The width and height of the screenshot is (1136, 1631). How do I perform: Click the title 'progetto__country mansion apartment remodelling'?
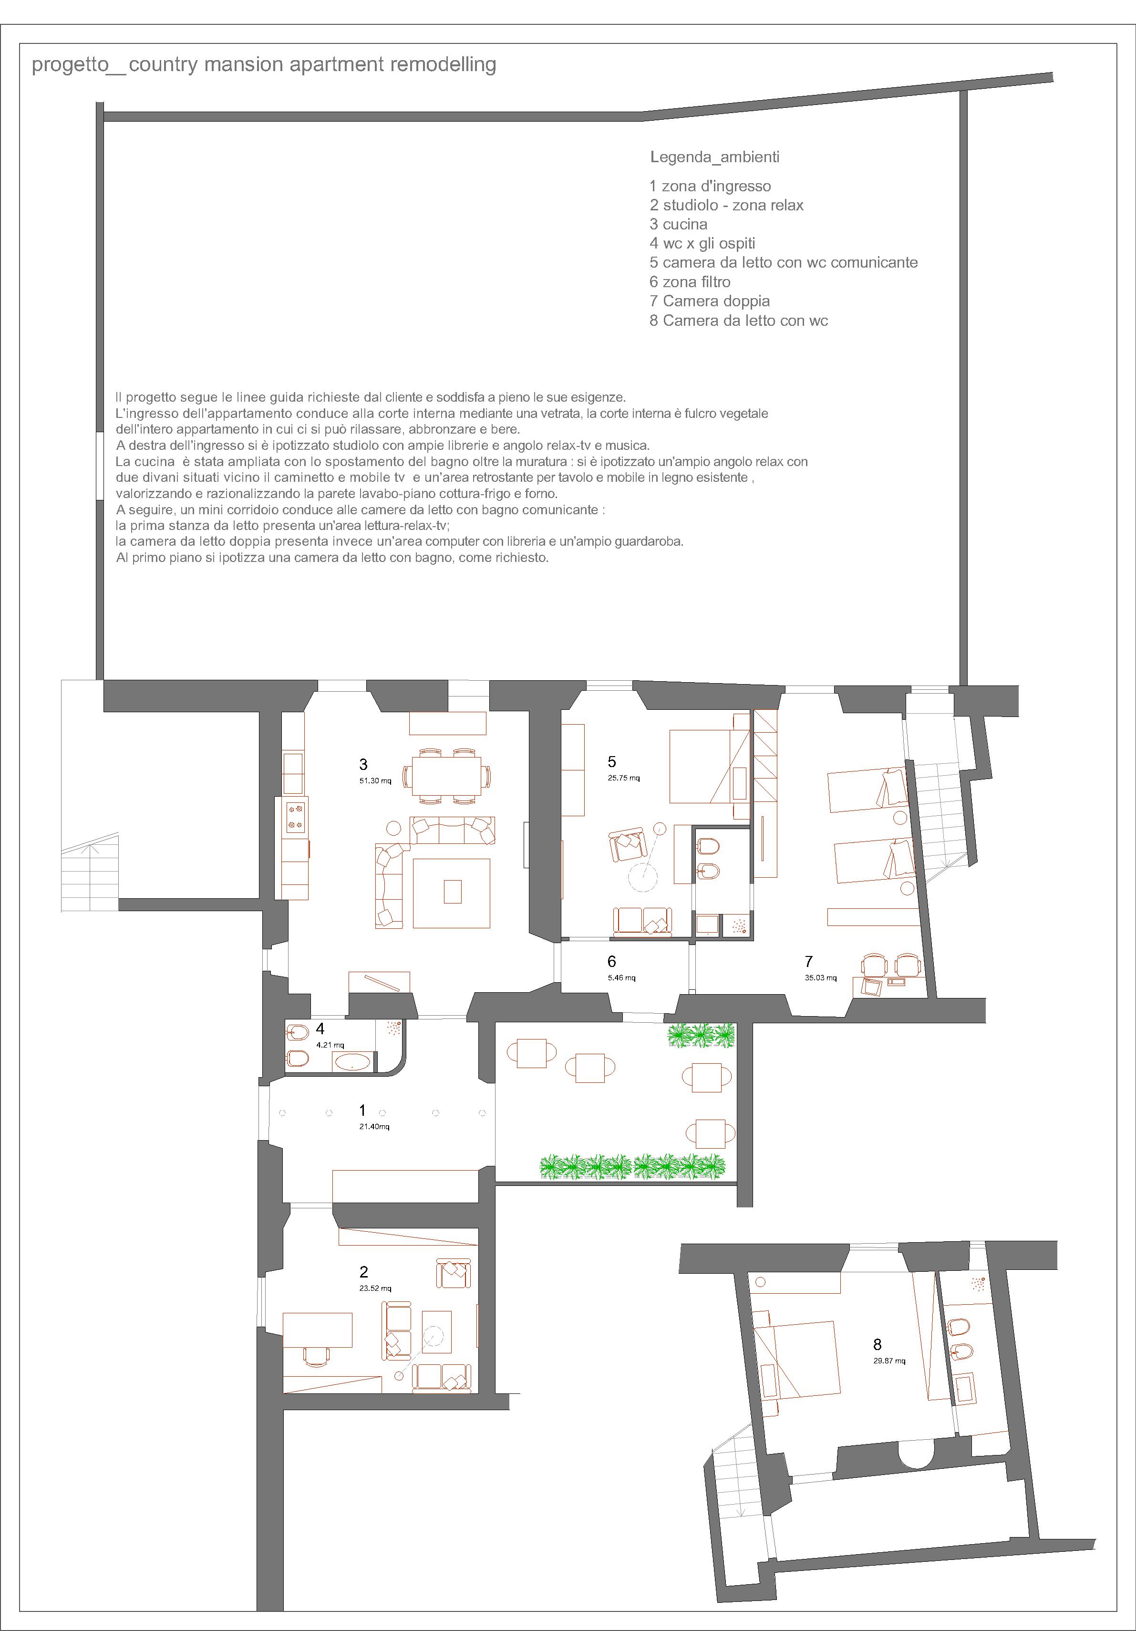(x=264, y=65)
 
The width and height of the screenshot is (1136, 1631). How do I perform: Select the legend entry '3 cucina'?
(x=678, y=225)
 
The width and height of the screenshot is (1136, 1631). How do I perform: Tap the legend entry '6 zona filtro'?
(x=690, y=282)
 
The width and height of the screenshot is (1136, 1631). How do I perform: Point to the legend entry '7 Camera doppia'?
(x=709, y=301)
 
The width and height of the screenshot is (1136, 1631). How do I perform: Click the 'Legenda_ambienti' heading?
(x=714, y=157)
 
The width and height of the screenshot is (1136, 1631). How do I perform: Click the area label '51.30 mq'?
(x=376, y=781)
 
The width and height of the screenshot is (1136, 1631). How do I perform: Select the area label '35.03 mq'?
(x=821, y=978)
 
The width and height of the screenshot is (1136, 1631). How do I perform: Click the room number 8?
(x=878, y=1345)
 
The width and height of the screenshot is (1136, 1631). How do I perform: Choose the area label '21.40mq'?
(x=374, y=1127)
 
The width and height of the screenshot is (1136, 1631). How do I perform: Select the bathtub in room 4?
(x=352, y=1063)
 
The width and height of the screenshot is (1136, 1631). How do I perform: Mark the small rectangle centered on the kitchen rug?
(x=452, y=892)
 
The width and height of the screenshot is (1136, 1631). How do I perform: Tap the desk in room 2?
(x=318, y=1330)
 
